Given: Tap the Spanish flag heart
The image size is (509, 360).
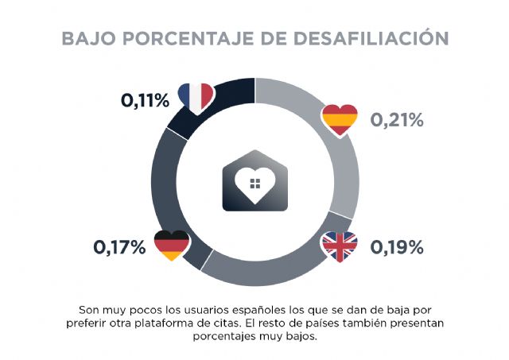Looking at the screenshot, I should click(340, 120).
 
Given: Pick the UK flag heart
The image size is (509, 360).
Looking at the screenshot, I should click(340, 247).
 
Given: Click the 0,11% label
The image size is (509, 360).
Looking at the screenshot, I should click(145, 101).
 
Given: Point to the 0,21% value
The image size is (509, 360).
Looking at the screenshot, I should click(397, 121).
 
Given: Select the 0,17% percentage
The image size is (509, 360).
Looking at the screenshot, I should click(119, 247).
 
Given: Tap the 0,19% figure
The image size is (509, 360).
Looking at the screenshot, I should click(397, 247).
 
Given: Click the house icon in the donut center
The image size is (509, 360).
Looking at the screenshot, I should click(254, 182).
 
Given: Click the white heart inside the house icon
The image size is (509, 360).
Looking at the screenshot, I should click(254, 186).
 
